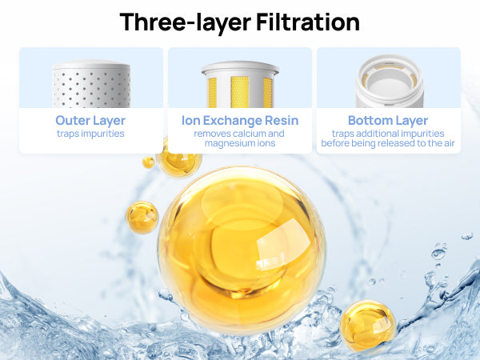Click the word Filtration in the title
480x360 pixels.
point(308,22)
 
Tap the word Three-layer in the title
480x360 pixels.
point(186,23)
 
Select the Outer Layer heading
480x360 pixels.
point(90,121)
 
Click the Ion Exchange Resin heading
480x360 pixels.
point(240,121)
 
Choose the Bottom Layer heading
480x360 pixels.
point(388,121)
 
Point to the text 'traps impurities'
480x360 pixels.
point(90,134)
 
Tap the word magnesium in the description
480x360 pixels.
point(228,143)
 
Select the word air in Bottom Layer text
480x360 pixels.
point(448,143)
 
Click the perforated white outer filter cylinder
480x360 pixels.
point(91,84)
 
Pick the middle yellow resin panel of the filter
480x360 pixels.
point(240,92)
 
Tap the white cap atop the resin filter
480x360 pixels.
point(240,69)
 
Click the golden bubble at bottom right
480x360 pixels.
point(368,325)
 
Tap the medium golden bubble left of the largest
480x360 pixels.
point(142,218)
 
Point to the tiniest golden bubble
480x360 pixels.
point(149,162)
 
